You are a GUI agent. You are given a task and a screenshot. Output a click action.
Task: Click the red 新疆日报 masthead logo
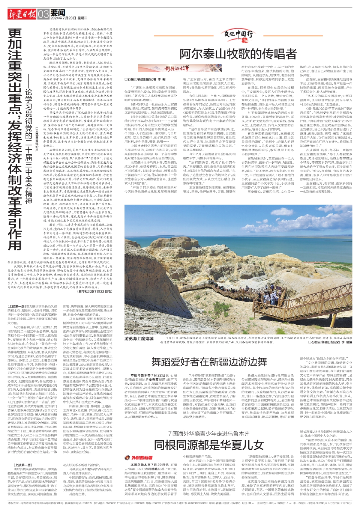click(22, 14)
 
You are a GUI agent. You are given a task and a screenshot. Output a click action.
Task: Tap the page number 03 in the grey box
click(43, 14)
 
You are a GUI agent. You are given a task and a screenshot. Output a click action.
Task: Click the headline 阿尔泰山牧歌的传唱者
click(238, 54)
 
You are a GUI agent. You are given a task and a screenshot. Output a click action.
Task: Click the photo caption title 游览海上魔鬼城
click(139, 339)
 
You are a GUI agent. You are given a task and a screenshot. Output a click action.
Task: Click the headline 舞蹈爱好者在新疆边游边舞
click(209, 362)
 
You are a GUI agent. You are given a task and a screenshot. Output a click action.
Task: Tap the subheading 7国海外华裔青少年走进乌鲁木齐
click(209, 434)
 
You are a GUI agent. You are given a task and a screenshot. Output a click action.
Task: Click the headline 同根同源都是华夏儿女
click(209, 445)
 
